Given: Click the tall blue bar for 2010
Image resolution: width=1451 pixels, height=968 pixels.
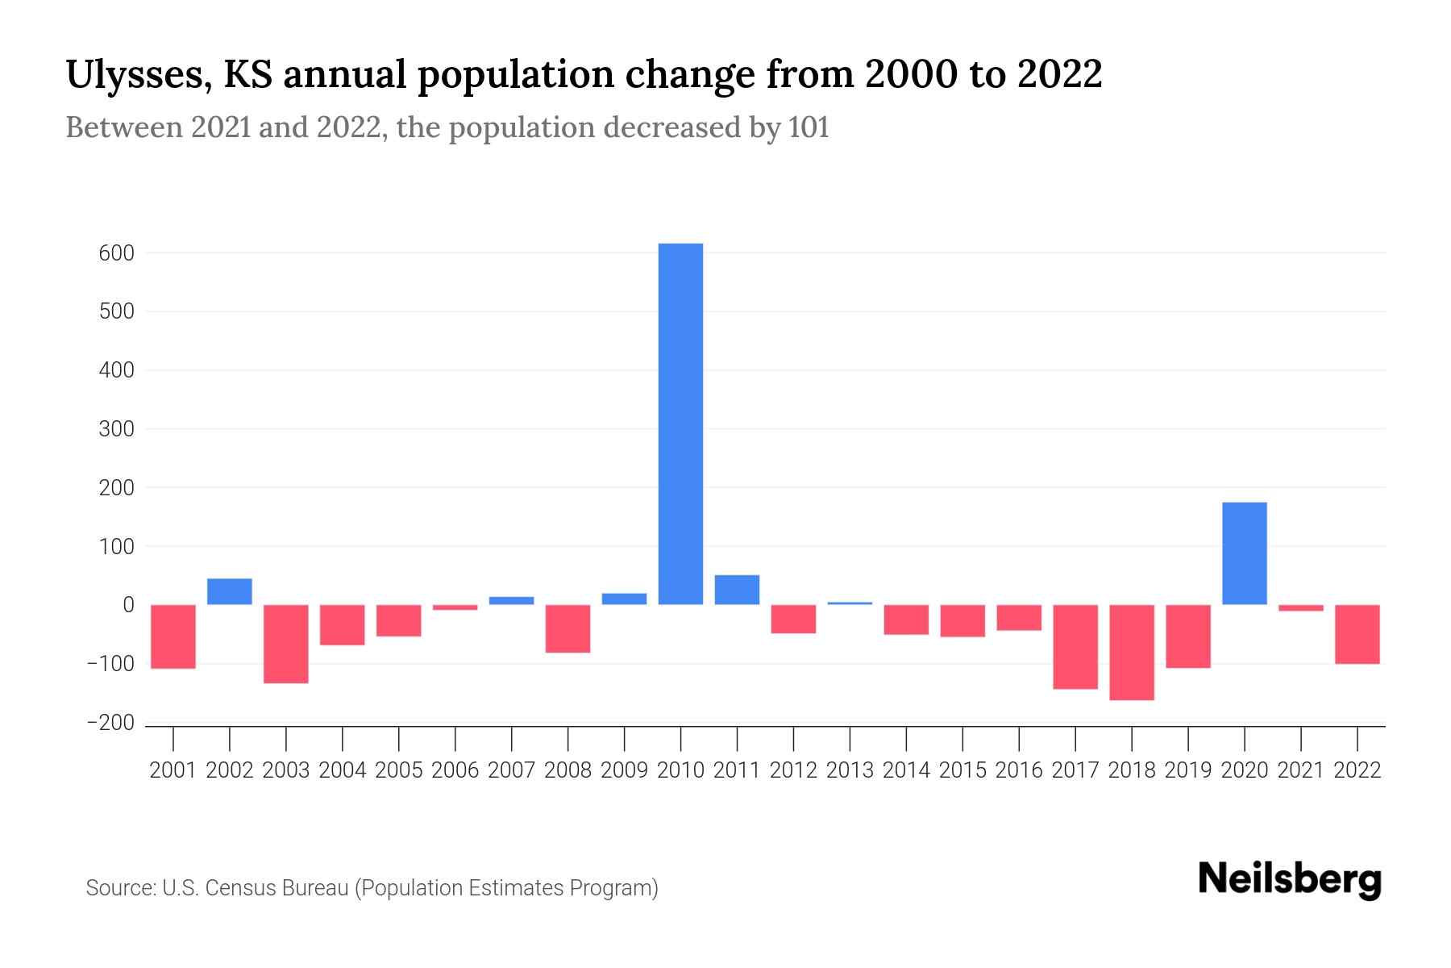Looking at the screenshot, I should click(x=680, y=423).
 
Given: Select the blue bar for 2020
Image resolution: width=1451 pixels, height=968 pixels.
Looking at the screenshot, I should click(x=1244, y=553).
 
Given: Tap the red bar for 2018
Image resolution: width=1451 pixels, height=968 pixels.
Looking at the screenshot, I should click(x=1131, y=652).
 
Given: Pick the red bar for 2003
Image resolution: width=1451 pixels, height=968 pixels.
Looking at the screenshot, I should click(x=286, y=644).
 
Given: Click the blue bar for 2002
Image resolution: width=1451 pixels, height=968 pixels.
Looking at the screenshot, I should click(x=230, y=591).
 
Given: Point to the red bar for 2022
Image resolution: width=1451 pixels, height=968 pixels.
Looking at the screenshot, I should click(x=1357, y=634).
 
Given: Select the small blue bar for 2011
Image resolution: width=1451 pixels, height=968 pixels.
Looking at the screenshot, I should click(x=737, y=590).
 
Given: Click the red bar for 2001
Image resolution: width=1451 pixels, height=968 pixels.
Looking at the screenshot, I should click(x=173, y=636).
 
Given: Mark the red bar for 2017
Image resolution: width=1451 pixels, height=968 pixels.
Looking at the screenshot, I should click(x=1075, y=646).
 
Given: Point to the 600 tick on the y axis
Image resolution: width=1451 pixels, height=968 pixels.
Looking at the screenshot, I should click(x=116, y=253).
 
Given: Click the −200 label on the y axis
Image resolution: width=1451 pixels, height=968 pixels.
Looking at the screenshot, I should click(x=110, y=723).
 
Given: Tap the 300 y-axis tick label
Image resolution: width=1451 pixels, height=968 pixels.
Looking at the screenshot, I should click(x=116, y=429).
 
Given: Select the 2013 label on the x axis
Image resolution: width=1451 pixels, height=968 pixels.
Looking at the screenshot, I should click(x=850, y=770).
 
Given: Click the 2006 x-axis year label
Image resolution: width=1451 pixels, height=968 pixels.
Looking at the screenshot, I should click(x=455, y=770).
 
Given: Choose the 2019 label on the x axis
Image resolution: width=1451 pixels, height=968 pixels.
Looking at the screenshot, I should click(x=1187, y=770).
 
